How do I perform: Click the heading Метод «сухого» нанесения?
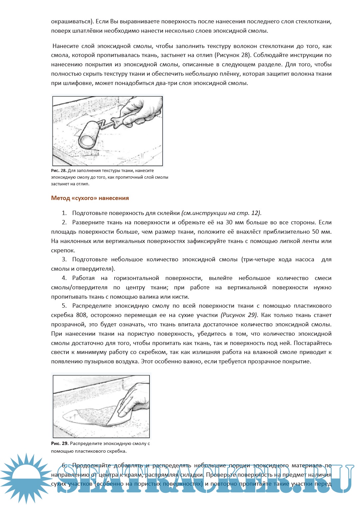tap(90, 198)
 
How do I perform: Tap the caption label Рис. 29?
tap(60, 444)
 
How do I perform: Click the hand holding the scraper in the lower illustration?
tap(133, 400)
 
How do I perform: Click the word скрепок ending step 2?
tap(63, 250)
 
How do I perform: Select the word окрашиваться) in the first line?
tap(71, 22)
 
